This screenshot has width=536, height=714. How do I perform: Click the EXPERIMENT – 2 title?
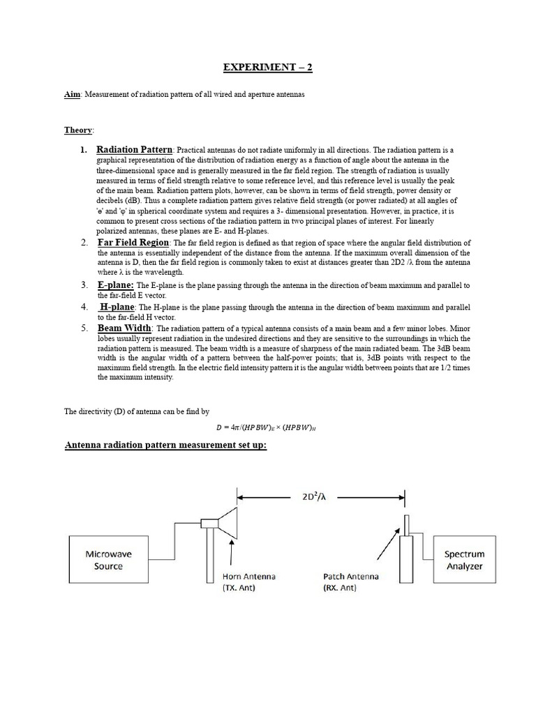coord(268,68)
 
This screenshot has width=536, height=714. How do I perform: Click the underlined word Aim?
coord(72,95)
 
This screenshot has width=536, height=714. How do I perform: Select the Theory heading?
coord(78,130)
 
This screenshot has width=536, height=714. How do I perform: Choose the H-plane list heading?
coord(117,307)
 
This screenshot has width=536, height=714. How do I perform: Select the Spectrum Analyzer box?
coord(464,560)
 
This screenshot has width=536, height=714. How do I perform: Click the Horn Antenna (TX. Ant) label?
coord(249,582)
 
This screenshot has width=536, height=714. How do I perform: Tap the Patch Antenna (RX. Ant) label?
coord(350,582)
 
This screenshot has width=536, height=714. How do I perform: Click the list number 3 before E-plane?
coord(83,285)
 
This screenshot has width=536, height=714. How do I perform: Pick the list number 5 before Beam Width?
coord(83,328)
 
